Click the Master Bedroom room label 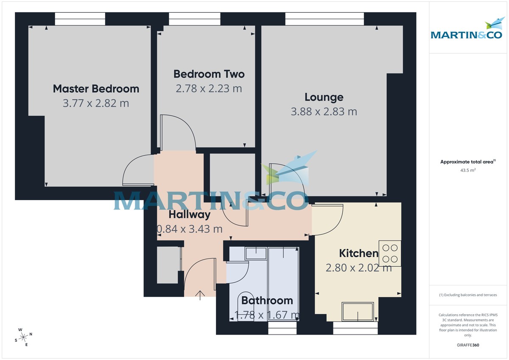(x=96, y=89)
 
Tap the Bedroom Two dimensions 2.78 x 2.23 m (x=209, y=89)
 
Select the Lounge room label (x=324, y=97)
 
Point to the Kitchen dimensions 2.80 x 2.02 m (x=358, y=268)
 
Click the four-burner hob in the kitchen (x=389, y=253)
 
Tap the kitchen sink (x=358, y=312)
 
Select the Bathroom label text (x=267, y=301)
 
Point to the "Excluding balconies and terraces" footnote (x=468, y=295)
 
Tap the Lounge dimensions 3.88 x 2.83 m (x=324, y=112)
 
